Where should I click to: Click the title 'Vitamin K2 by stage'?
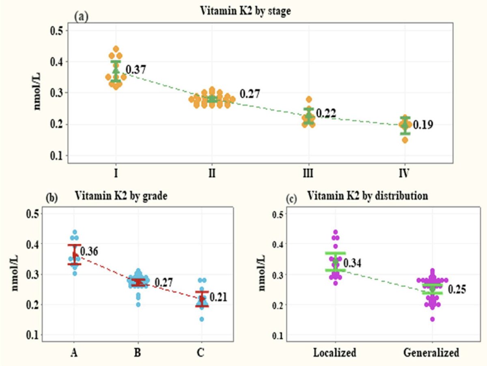pos(246,11)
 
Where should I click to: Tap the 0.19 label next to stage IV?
pos(423,125)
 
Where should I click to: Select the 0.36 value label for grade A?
pos(89,251)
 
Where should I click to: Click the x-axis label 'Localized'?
pos(335,352)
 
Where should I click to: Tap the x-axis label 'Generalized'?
pos(431,352)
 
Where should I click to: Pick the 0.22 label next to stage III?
pos(326,113)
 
